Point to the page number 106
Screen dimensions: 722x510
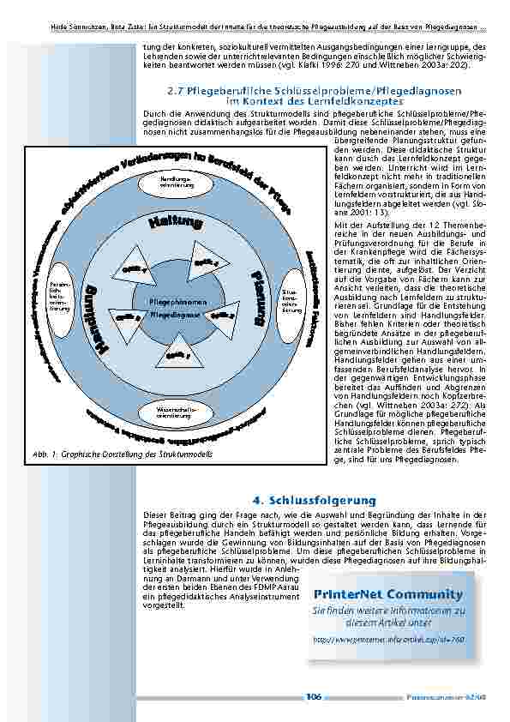click(314, 697)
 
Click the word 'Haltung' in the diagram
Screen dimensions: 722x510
click(178, 225)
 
